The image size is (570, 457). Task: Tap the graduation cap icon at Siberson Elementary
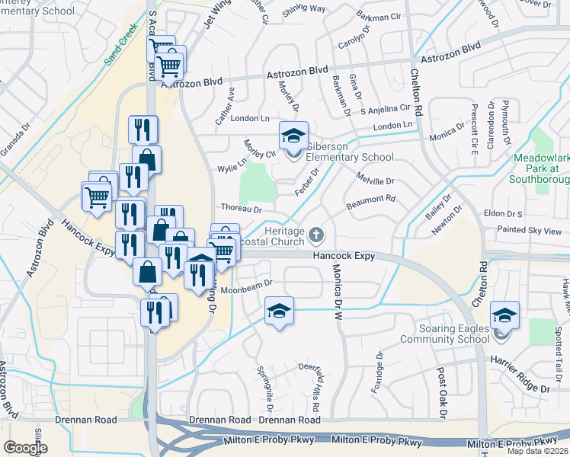coord(293,136)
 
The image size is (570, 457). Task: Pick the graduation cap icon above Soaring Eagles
coord(504,315)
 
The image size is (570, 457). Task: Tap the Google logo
coord(25,448)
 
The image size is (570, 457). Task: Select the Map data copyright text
coord(538,451)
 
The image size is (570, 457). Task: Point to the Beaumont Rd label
coord(371,200)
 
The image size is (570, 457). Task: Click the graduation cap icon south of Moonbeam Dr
coord(279,312)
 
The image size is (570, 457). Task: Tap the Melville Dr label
coord(375,181)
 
